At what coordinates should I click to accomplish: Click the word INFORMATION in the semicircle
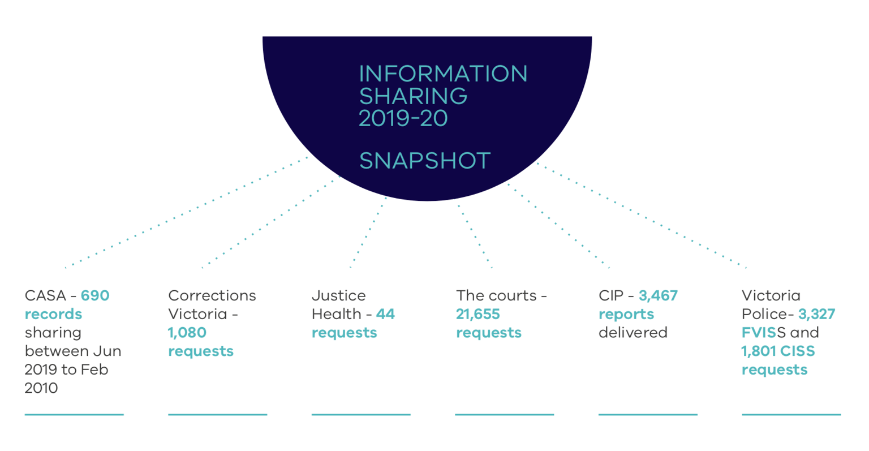click(x=443, y=74)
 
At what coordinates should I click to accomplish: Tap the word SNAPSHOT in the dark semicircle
click(x=424, y=161)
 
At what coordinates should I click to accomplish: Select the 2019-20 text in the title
click(x=403, y=118)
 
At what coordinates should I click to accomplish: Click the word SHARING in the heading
click(x=413, y=96)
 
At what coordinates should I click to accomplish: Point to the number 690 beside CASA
click(x=95, y=295)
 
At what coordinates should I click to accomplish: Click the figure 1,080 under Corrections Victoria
click(x=187, y=333)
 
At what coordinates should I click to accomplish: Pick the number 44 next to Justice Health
click(x=385, y=314)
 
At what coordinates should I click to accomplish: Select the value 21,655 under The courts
click(x=478, y=314)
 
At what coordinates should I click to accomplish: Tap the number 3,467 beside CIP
click(x=658, y=295)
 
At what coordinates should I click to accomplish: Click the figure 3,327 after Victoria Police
click(x=816, y=314)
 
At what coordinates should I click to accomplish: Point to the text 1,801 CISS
click(x=778, y=351)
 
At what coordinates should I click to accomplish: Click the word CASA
click(x=45, y=295)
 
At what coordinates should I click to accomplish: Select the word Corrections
click(x=212, y=295)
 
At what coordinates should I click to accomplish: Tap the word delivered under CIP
click(x=633, y=333)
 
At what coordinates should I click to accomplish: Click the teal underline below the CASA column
click(x=74, y=415)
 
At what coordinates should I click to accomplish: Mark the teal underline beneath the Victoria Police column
click(x=791, y=415)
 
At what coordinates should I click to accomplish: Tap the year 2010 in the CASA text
click(x=41, y=388)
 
